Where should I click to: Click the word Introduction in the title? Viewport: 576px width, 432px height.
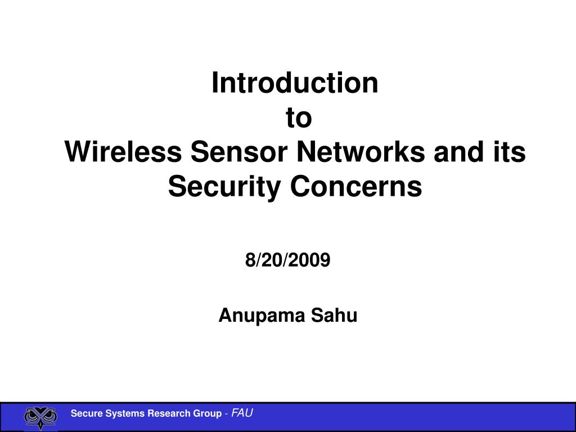pyautogui.click(x=295, y=83)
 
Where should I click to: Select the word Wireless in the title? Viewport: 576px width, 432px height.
pyautogui.click(x=123, y=152)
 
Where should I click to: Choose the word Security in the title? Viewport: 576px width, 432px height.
pyautogui.click(x=223, y=187)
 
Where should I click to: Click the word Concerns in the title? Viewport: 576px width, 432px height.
pyautogui.click(x=355, y=187)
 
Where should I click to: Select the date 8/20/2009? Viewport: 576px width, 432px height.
pyautogui.click(x=288, y=260)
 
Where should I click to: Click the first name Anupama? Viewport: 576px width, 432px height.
pyautogui.click(x=254, y=316)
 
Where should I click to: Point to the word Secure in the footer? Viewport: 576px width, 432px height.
pyautogui.click(x=84, y=414)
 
